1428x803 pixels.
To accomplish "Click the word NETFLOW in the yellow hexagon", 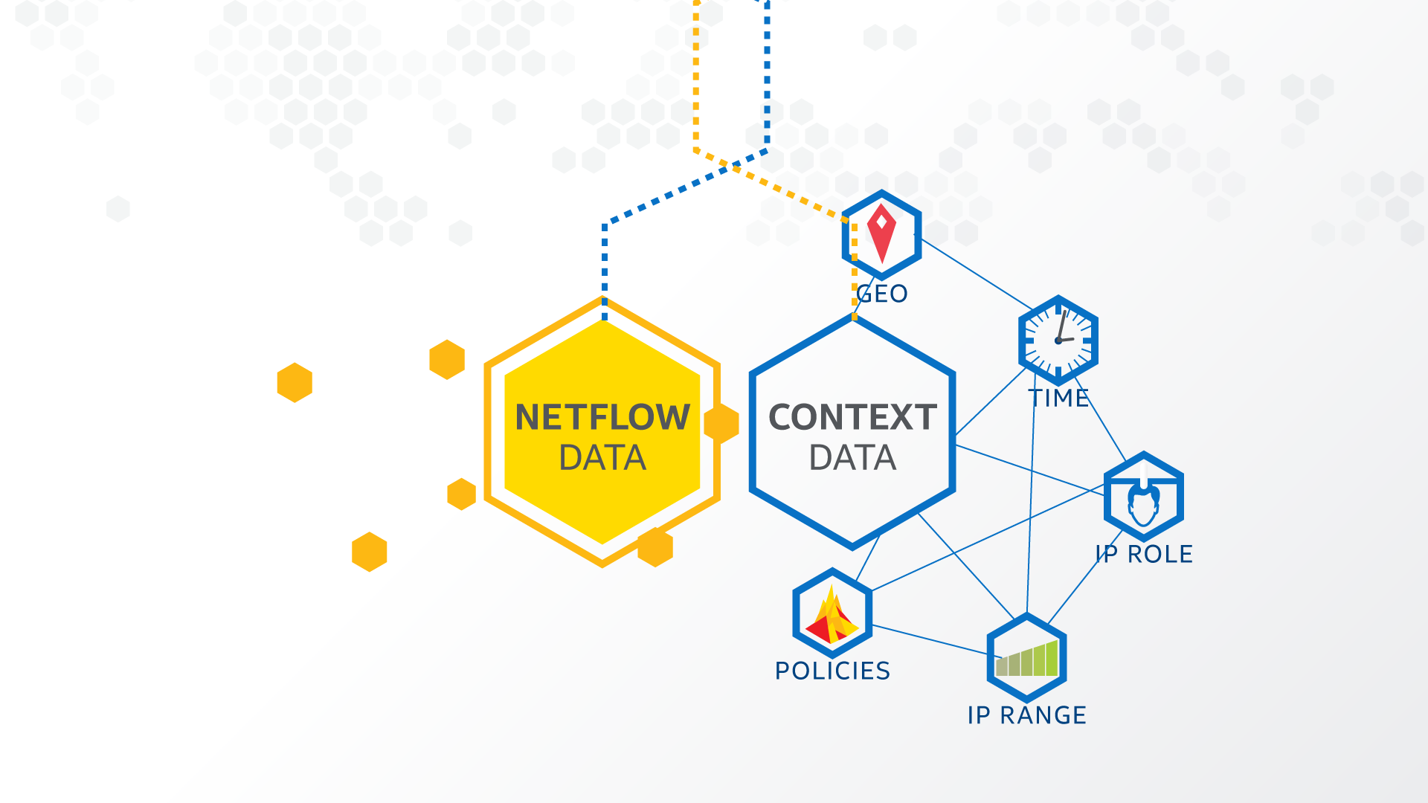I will pyautogui.click(x=602, y=417).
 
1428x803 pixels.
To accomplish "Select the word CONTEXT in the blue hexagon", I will pyautogui.click(x=852, y=417).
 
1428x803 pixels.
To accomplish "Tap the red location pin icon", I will pyautogui.click(x=881, y=232).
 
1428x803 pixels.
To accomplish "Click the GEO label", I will pyautogui.click(x=882, y=294).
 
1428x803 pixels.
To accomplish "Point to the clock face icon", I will pyautogui.click(x=1058, y=341).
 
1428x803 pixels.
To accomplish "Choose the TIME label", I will pyautogui.click(x=1059, y=399).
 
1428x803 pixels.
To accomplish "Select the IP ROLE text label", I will pyautogui.click(x=1144, y=554).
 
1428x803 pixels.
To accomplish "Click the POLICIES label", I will pyautogui.click(x=832, y=671).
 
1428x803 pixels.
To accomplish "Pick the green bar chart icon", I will pyautogui.click(x=1027, y=659).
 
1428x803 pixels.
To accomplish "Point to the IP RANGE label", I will pyautogui.click(x=1026, y=715).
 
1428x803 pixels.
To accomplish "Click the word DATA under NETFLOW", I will pyautogui.click(x=602, y=458).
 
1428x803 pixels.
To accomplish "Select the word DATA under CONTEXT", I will pyautogui.click(x=852, y=458).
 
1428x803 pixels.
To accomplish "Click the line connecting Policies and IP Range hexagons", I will pyautogui.click(x=930, y=640).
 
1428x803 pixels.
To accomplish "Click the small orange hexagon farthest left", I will pyautogui.click(x=295, y=382).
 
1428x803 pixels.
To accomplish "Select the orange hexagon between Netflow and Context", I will pyautogui.click(x=721, y=424).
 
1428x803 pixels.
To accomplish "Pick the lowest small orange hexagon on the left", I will pyautogui.click(x=370, y=552).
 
